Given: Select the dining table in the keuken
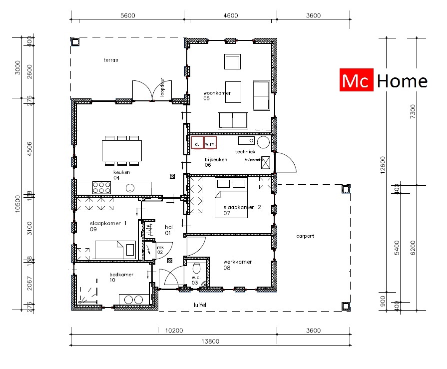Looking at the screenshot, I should coord(121,150).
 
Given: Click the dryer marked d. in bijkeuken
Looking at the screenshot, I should coord(197,143).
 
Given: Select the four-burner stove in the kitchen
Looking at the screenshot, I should coord(101,188).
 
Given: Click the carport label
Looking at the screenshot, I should coord(305,236).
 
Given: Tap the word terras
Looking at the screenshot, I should coord(110,60).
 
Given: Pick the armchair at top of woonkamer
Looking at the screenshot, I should coord(232,62).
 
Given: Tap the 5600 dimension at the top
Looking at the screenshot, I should coord(127,15).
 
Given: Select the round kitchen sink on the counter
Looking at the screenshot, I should coord(130,188).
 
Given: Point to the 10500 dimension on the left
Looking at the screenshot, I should coord(17,203).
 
